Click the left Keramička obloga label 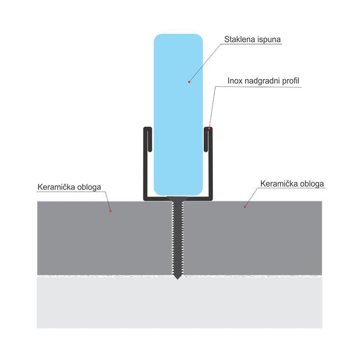(69, 187)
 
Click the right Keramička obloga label (292, 184)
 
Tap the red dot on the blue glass (189, 82)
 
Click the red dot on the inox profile (209, 129)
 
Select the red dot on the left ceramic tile (110, 211)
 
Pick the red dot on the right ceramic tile (245, 207)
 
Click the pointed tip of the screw (177, 279)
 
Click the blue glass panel (178, 115)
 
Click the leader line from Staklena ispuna (205, 63)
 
